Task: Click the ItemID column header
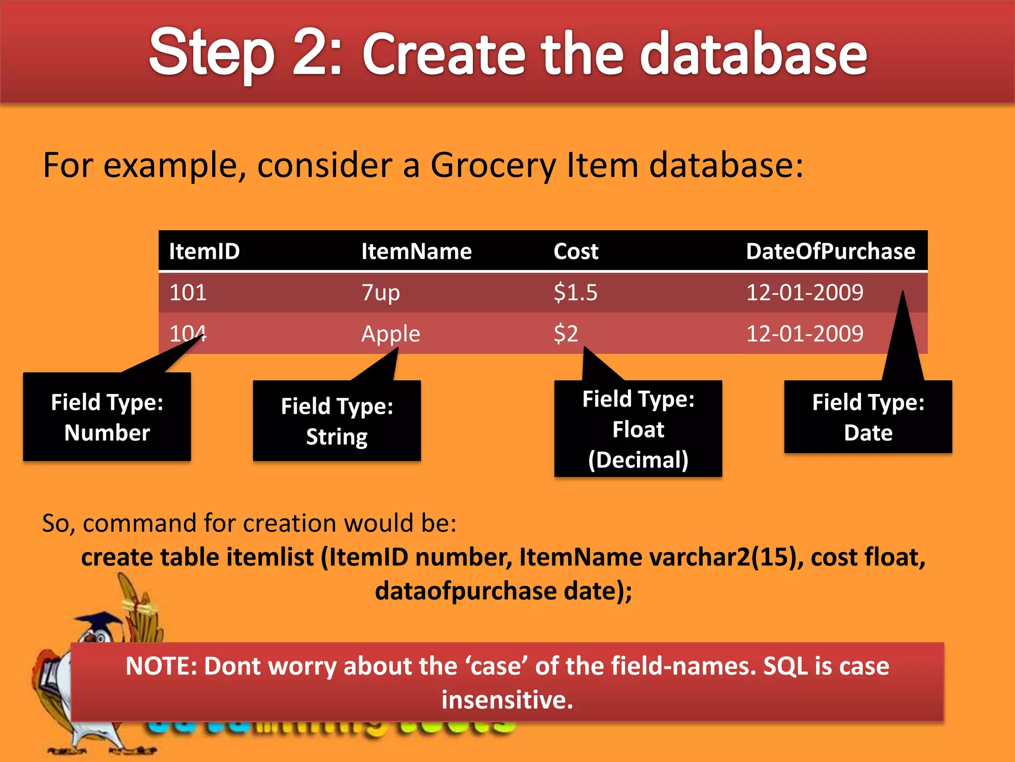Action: [x=204, y=252]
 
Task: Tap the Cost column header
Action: [x=576, y=252]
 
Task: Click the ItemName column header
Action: [x=416, y=252]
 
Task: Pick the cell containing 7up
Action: [x=381, y=293]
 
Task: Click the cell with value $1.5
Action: [x=576, y=293]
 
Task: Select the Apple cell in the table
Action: [x=391, y=333]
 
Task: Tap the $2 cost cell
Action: [x=566, y=333]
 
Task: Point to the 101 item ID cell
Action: [x=188, y=293]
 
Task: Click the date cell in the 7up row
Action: [x=805, y=293]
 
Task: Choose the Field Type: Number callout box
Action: [x=107, y=417]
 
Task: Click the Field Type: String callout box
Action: [x=337, y=421]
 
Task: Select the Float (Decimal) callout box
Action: [x=638, y=429]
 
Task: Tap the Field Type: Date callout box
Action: [x=868, y=417]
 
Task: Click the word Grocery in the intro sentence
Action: [x=493, y=165]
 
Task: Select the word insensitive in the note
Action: [x=507, y=700]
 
